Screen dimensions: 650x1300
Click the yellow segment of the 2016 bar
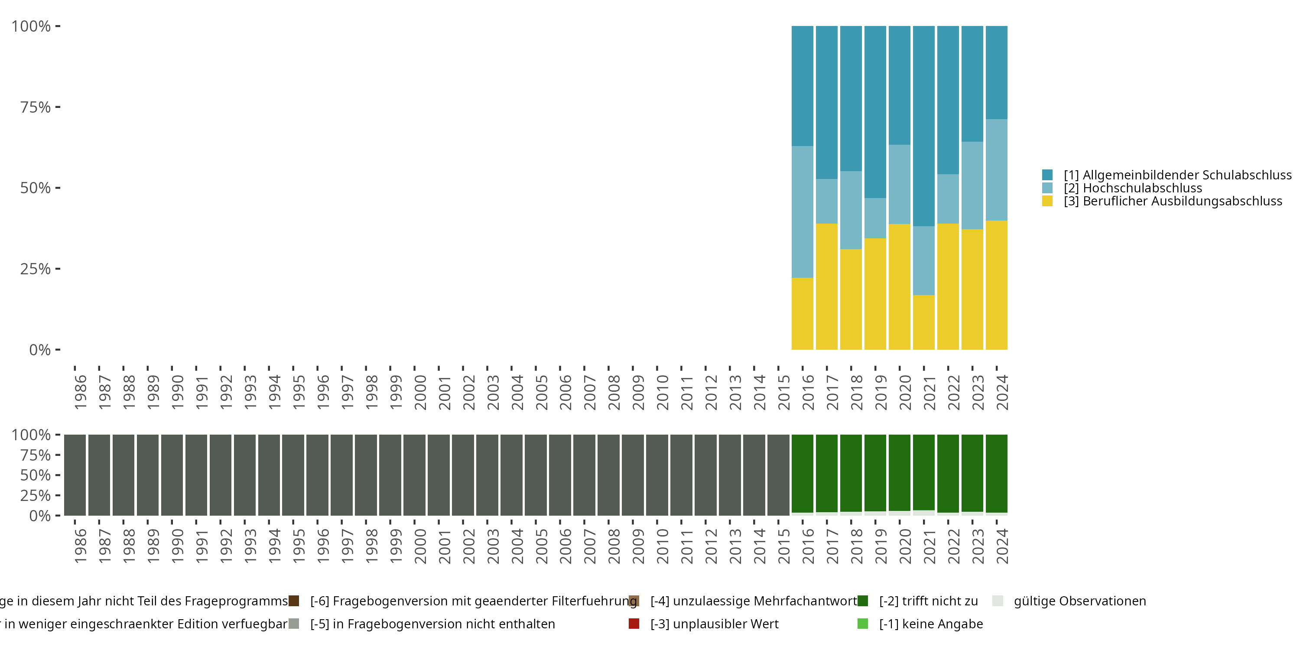pyautogui.click(x=802, y=313)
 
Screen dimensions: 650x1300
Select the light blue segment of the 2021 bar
pyautogui.click(x=923, y=260)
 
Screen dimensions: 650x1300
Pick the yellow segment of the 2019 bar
pyautogui.click(x=875, y=294)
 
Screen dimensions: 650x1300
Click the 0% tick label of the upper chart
pyautogui.click(x=40, y=350)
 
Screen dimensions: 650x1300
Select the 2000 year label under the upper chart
pyautogui.click(x=420, y=392)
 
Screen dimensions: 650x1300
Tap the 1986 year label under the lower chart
pyautogui.click(x=80, y=546)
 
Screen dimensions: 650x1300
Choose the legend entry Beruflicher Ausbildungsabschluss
pyautogui.click(x=1172, y=201)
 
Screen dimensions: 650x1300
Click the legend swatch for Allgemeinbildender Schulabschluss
pyautogui.click(x=1047, y=175)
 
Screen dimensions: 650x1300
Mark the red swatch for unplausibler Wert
pyautogui.click(x=634, y=624)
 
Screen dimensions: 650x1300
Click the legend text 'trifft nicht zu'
pyautogui.click(x=928, y=601)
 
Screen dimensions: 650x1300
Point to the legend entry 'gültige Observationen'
pyautogui.click(x=1079, y=601)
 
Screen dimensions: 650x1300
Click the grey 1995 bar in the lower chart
pyautogui.click(x=293, y=475)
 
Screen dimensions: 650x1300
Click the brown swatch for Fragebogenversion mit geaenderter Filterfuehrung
pyautogui.click(x=294, y=601)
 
